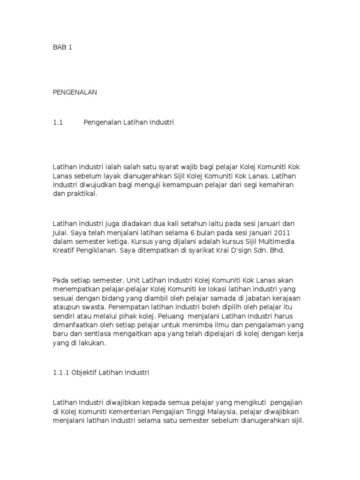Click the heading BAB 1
pyautogui.click(x=62, y=48)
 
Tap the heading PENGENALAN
pyautogui.click(x=75, y=93)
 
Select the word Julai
pyautogui.click(x=60, y=232)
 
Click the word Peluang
pyautogui.click(x=171, y=316)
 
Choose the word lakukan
pyautogui.click(x=94, y=343)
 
